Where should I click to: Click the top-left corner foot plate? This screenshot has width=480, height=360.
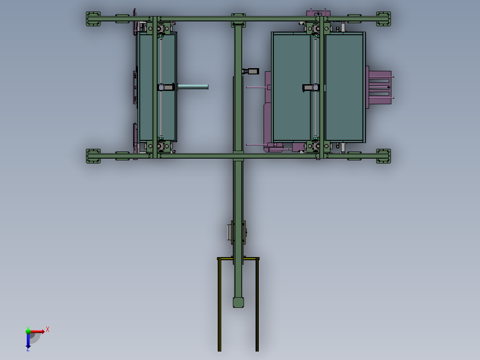pos(93,19)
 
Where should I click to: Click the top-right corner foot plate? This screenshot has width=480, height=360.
pos(383,19)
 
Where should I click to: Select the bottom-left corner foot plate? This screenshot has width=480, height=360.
pos(93,156)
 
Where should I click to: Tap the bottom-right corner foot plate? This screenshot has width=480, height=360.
pos(383,156)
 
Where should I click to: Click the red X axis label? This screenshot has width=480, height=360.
pos(48,330)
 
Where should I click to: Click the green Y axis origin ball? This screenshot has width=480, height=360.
pos(28,331)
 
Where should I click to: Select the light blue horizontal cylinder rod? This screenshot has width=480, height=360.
pos(193,87)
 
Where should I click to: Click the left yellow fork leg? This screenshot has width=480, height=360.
pos(219,305)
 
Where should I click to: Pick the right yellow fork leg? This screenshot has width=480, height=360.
pos(257,305)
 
